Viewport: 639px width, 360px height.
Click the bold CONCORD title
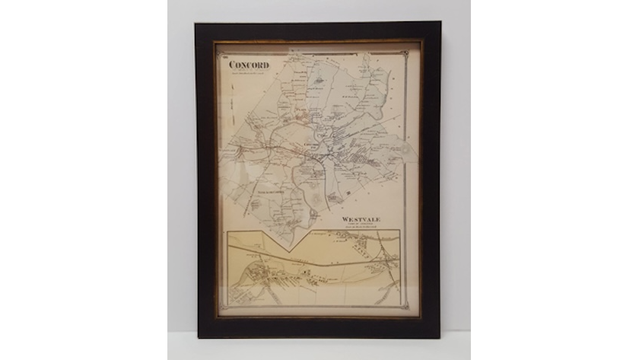coord(249,65)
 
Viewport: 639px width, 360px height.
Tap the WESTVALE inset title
coord(361,218)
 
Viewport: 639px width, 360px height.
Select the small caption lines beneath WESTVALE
coord(362,225)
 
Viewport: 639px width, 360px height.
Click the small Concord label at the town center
coord(310,143)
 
